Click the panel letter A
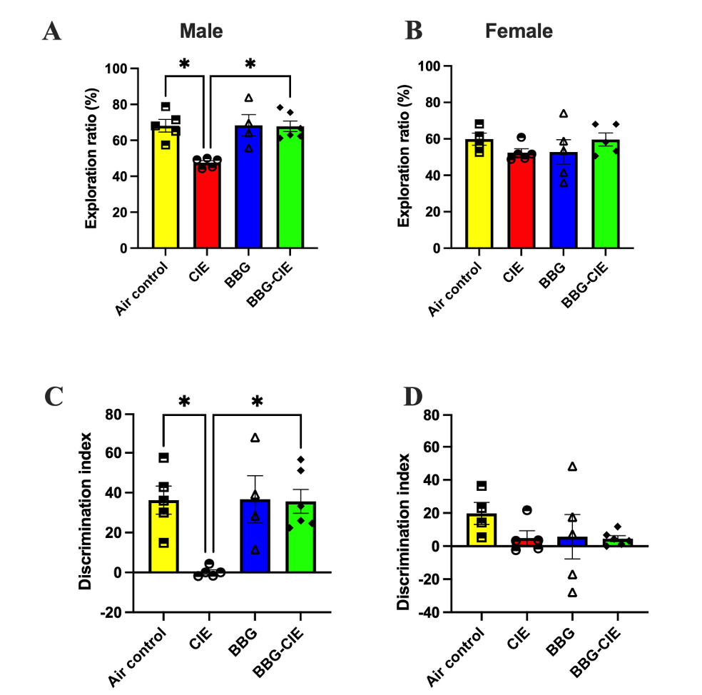click(x=51, y=31)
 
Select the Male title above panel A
click(x=200, y=31)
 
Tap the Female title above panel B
click(x=519, y=31)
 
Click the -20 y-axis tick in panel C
click(x=114, y=612)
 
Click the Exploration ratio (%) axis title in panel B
click(x=405, y=158)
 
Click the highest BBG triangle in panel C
click(x=255, y=437)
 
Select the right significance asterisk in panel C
click(x=257, y=402)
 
